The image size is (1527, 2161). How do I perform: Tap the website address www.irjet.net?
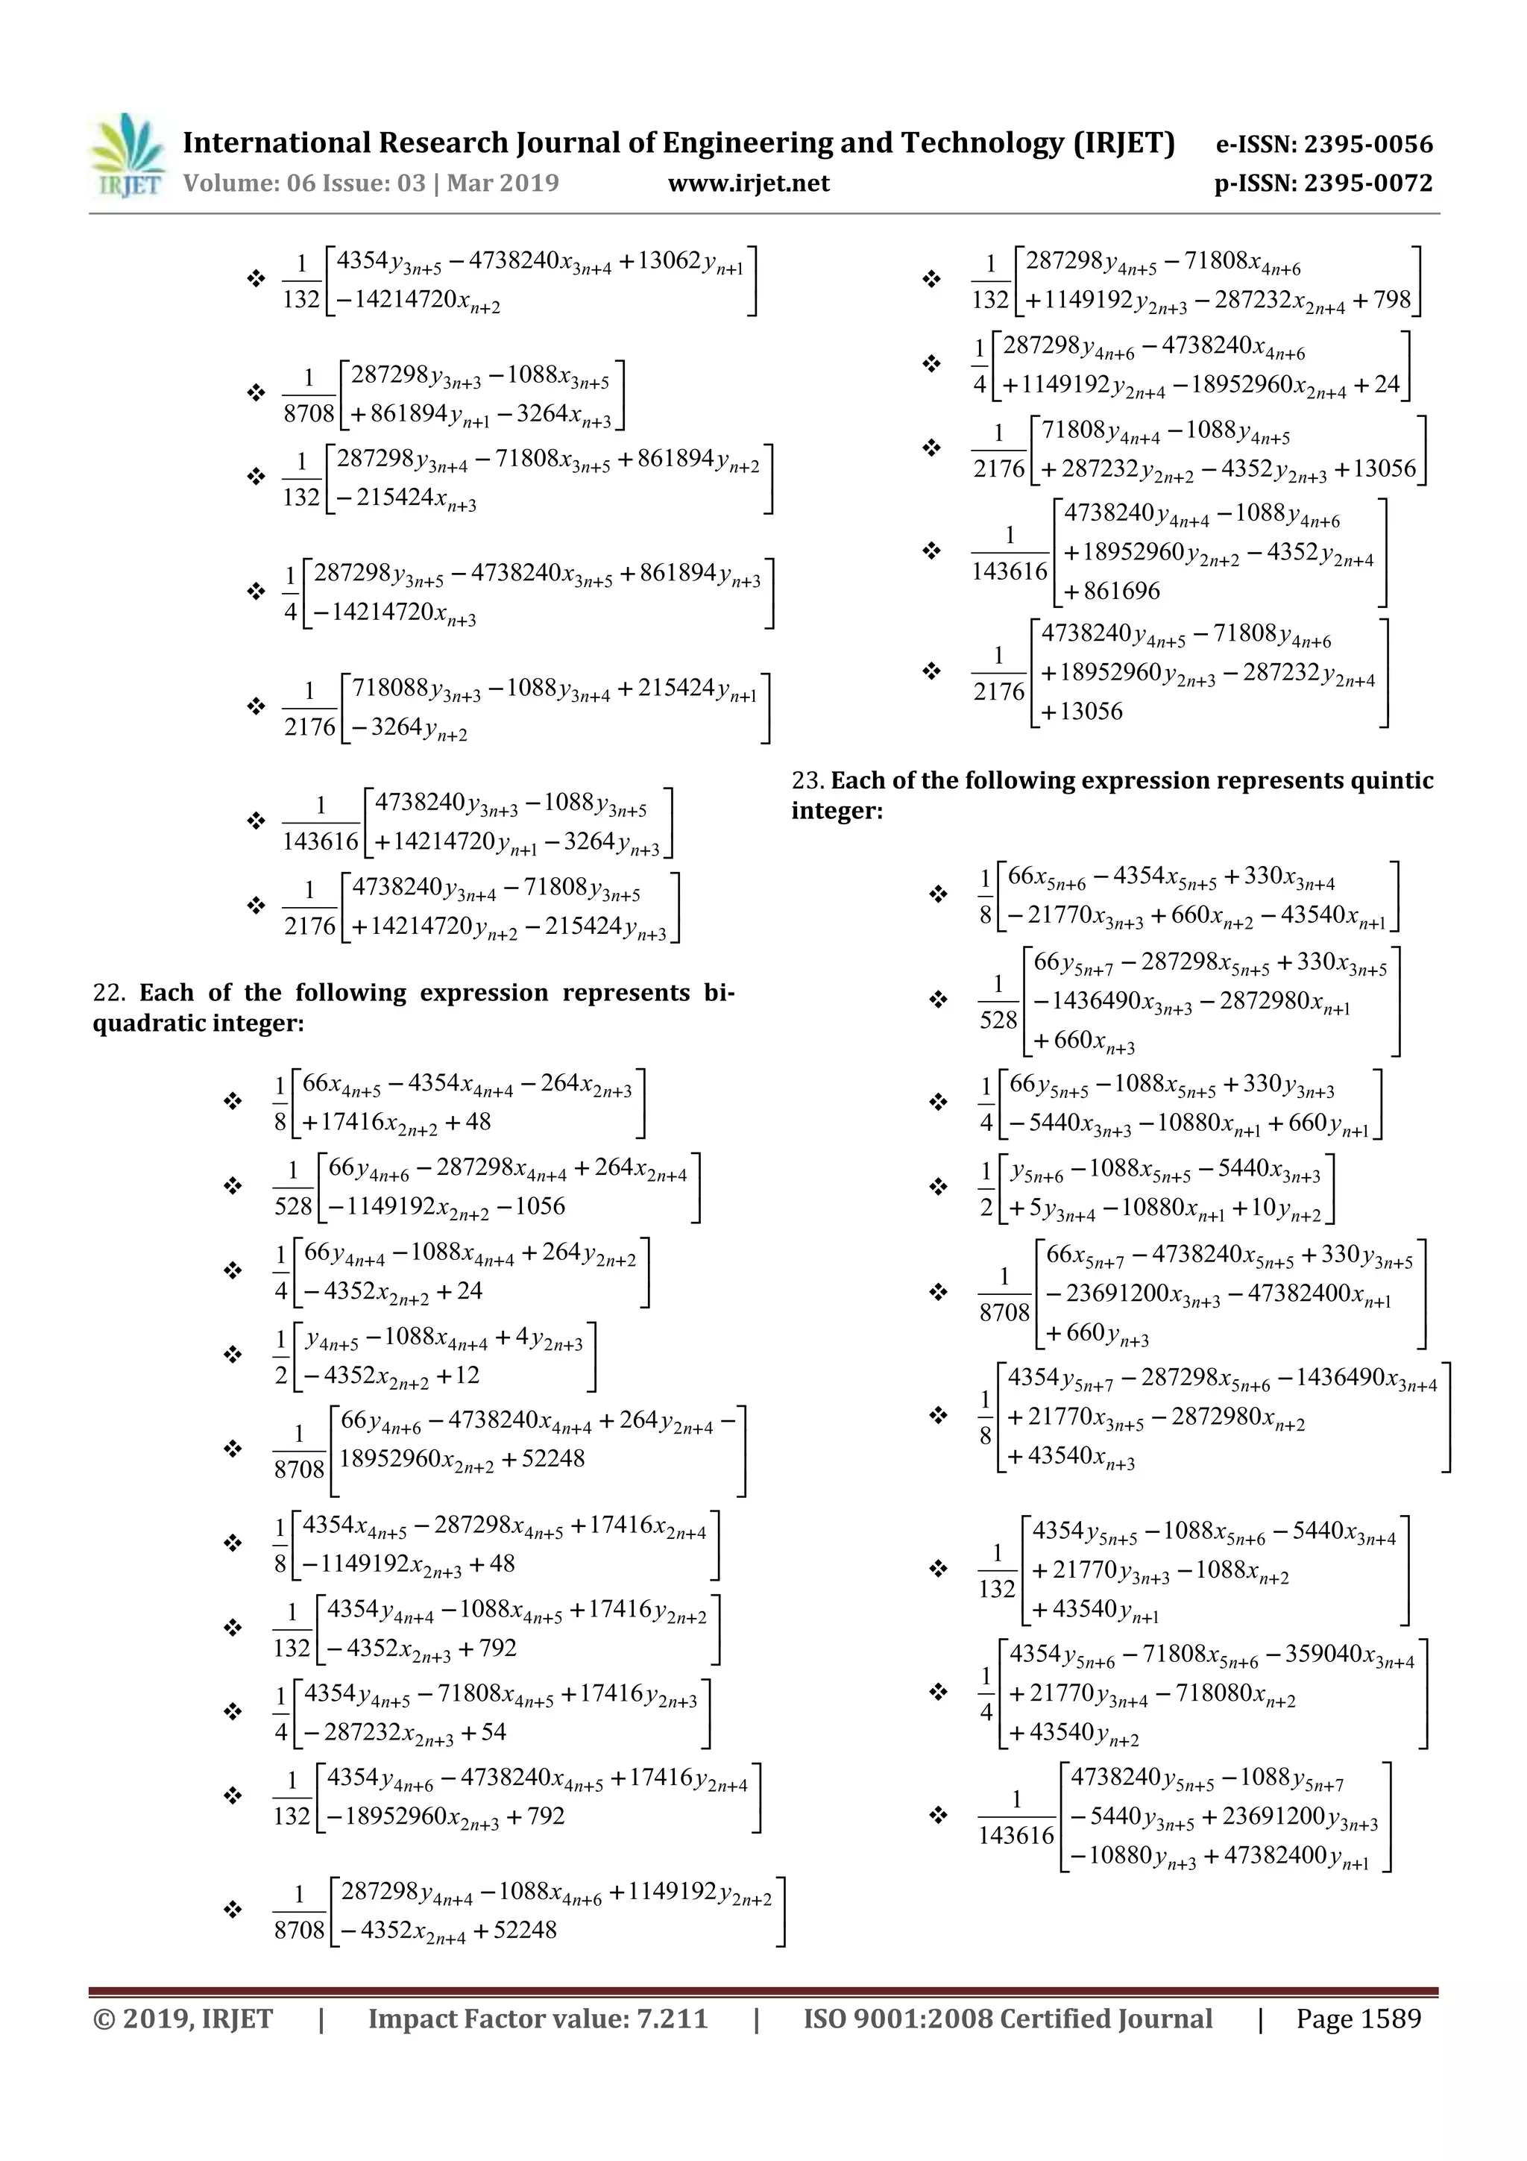(x=748, y=183)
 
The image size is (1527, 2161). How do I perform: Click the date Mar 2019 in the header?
(x=503, y=183)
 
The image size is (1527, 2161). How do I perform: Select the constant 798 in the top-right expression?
(x=1393, y=301)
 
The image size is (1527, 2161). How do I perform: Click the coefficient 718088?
(x=389, y=688)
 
